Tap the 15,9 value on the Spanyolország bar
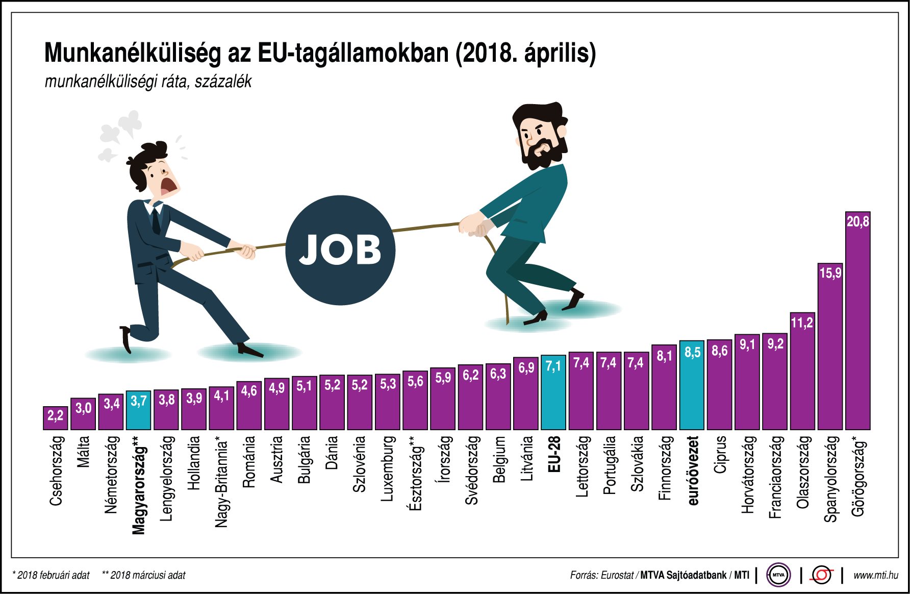(x=830, y=273)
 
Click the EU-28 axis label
(x=554, y=454)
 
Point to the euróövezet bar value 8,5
(x=692, y=352)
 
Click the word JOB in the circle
(x=340, y=250)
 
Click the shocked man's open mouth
(x=168, y=187)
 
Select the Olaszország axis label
(x=803, y=472)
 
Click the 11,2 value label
(x=802, y=323)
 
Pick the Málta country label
(x=83, y=451)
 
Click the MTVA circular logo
(x=778, y=575)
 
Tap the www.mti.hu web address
(x=875, y=575)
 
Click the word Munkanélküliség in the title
(x=133, y=53)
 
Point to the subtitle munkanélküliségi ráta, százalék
(x=148, y=82)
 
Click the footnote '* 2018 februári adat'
(x=51, y=575)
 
